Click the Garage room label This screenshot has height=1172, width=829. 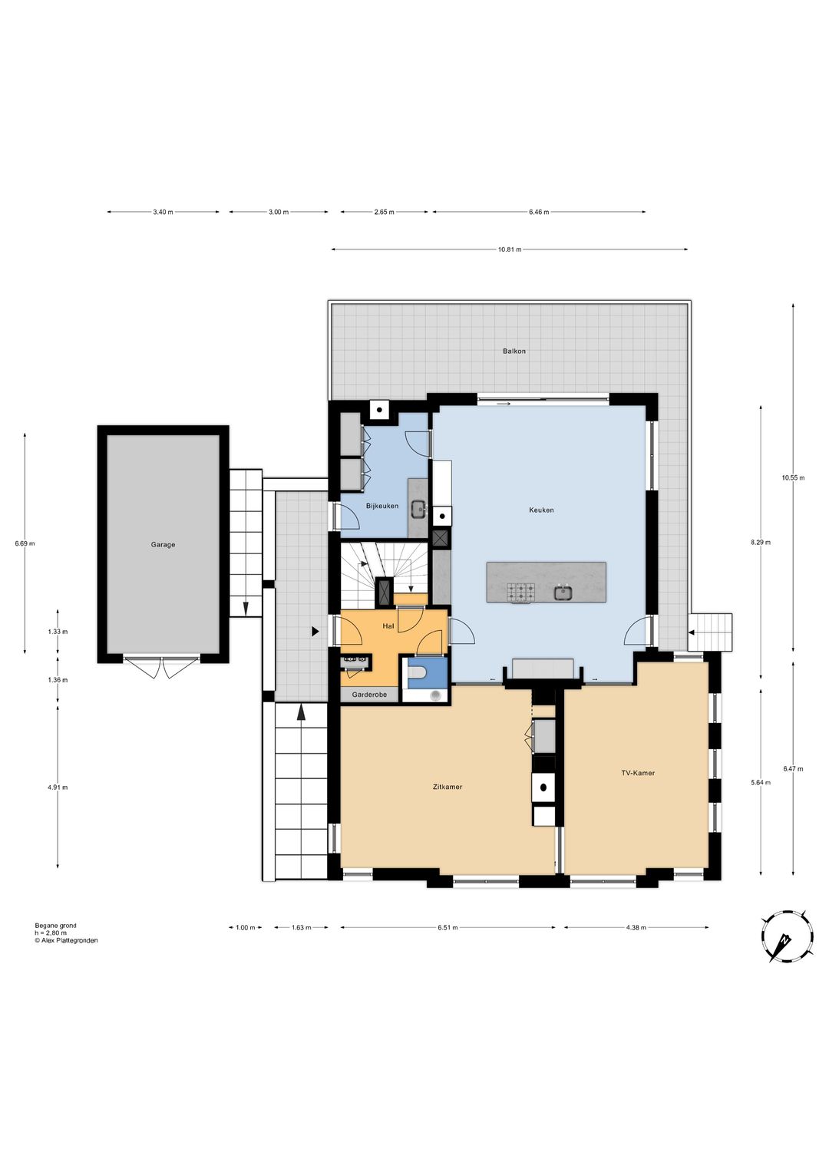tap(163, 545)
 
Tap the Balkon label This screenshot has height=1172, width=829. tap(514, 351)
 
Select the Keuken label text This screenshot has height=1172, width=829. tap(541, 510)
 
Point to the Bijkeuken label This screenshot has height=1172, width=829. tap(382, 506)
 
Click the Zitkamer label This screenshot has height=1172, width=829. tap(448, 787)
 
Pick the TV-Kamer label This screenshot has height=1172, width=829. tap(637, 773)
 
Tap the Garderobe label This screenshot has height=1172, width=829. tap(369, 695)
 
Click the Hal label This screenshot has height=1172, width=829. tap(388, 626)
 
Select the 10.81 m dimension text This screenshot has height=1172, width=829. tap(509, 249)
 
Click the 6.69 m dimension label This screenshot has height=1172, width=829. tap(25, 543)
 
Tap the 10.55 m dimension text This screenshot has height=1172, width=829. tap(794, 477)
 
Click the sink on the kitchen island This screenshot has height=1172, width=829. tap(563, 593)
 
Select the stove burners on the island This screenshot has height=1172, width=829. tap(520, 593)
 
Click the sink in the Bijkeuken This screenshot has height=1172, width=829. tap(418, 508)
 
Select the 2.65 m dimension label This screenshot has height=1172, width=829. tap(384, 212)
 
